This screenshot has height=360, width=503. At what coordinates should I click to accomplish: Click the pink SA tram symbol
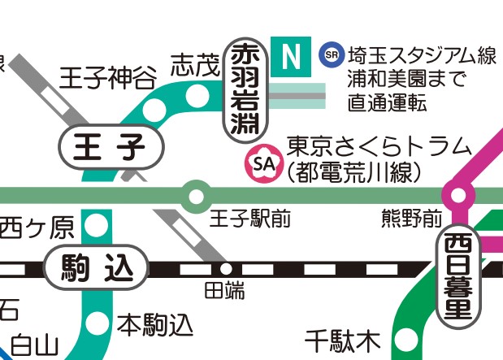(261, 162)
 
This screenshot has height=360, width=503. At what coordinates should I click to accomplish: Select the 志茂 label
(195, 66)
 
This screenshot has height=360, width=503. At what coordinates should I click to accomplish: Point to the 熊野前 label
(411, 219)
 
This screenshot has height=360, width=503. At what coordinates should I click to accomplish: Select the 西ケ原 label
(37, 228)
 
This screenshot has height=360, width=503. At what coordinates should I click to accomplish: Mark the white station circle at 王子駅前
(195, 195)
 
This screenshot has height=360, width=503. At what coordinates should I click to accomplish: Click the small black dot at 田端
(226, 268)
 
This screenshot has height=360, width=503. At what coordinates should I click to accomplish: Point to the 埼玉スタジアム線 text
(421, 56)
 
